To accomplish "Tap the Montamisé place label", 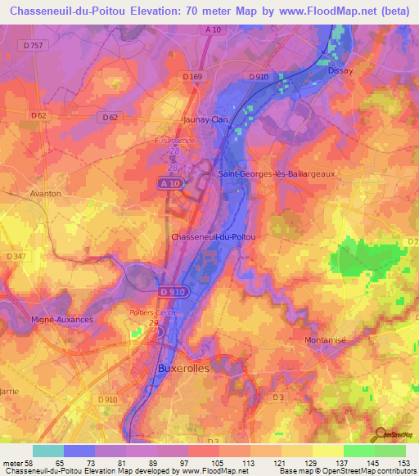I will [327, 339].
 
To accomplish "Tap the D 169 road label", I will [192, 77].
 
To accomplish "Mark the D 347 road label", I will [16, 257].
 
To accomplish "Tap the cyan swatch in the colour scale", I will [48, 451].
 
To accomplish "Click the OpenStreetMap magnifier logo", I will [382, 434].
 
